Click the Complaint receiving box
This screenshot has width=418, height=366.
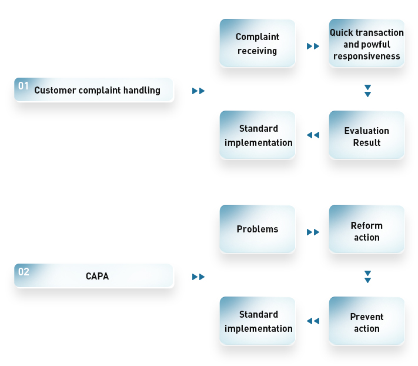click(258, 43)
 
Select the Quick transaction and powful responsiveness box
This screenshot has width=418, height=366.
click(366, 43)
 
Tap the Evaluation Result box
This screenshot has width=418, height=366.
click(366, 135)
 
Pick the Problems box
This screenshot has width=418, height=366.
click(258, 229)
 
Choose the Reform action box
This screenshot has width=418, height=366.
click(366, 229)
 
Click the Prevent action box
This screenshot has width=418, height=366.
click(366, 321)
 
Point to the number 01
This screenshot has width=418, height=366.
click(24, 86)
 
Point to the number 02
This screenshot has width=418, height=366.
click(24, 272)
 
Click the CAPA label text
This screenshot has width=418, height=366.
click(98, 276)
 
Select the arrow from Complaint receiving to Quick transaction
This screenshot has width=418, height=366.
click(313, 46)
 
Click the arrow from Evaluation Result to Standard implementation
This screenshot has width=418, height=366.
click(313, 135)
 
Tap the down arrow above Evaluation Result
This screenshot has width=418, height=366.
click(367, 91)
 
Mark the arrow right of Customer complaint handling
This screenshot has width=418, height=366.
click(198, 91)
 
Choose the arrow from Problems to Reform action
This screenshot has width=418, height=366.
click(313, 232)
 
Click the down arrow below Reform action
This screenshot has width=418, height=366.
click(367, 277)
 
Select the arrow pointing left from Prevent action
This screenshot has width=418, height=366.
click(313, 321)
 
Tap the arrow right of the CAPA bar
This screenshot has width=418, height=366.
click(198, 277)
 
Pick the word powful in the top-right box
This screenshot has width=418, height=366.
click(377, 45)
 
